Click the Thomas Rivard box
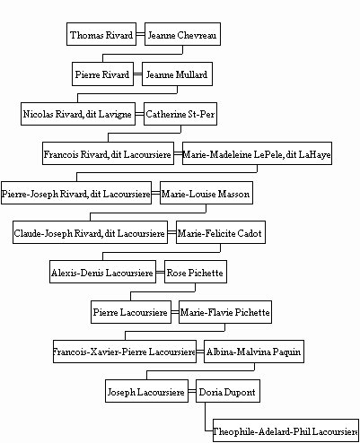101,34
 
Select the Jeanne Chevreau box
182,34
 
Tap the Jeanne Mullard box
177,74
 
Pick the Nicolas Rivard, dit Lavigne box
78,114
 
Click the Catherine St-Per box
180,114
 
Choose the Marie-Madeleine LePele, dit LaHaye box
257,153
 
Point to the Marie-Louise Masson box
206,193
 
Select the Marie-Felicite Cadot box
221,232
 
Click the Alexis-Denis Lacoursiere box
102,272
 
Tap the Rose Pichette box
196,272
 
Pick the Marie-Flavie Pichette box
225,312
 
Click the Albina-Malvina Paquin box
254,352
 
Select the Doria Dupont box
228,391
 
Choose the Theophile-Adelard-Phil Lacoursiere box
285,430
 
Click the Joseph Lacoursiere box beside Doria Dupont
146,391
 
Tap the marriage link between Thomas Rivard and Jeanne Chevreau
141,34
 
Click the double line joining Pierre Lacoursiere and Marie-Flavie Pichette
175,312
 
